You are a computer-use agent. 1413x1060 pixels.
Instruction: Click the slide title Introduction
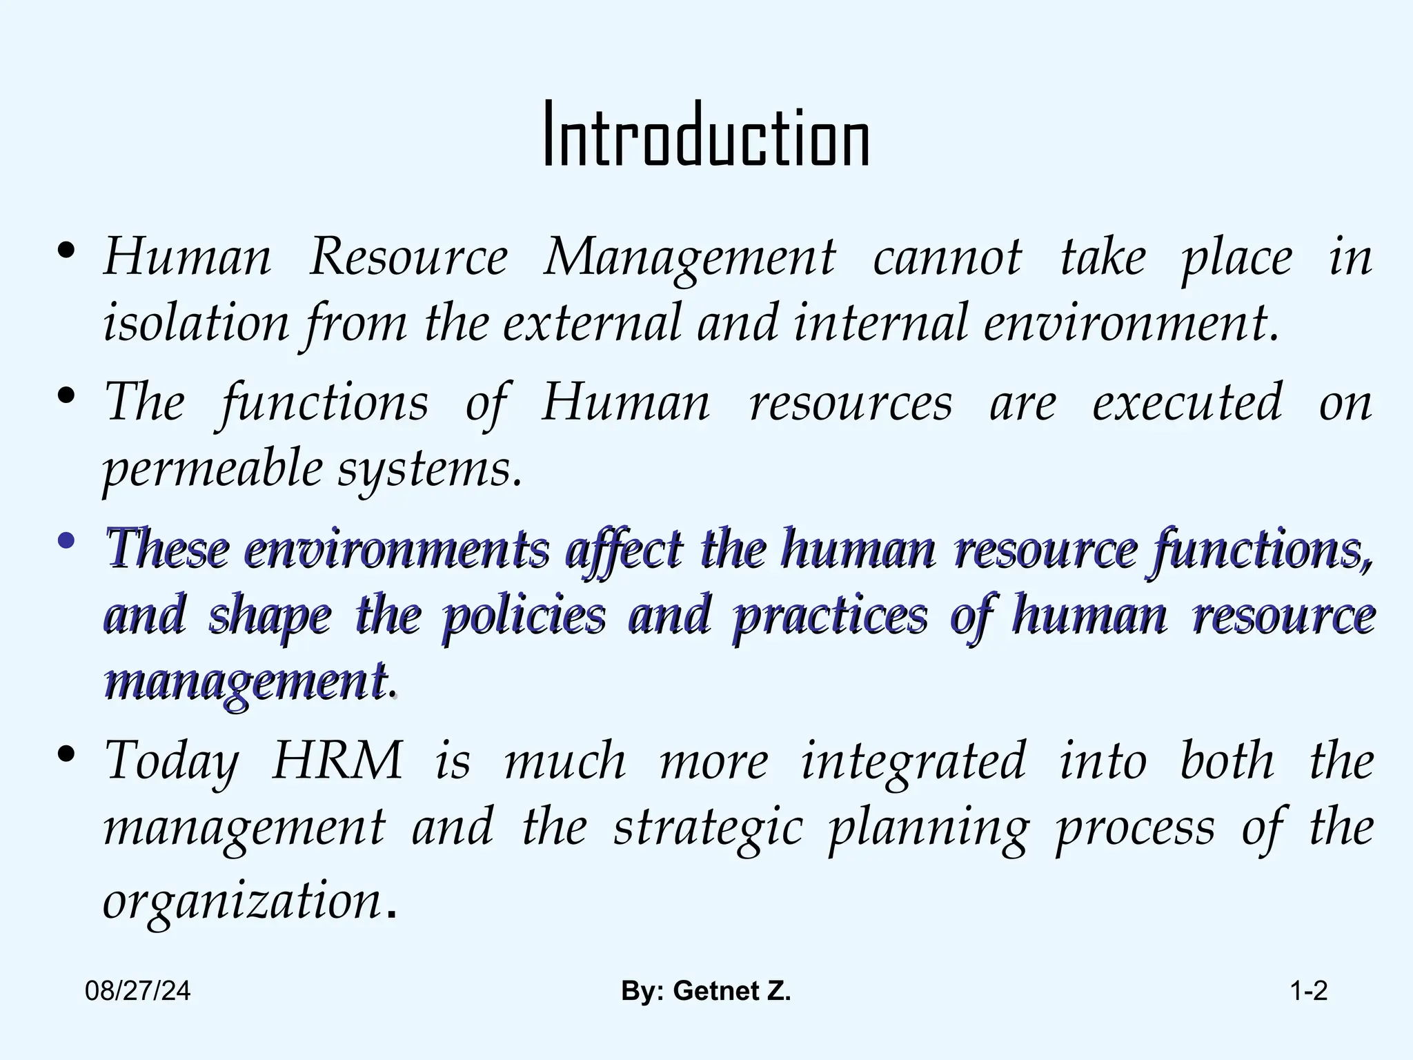point(706,135)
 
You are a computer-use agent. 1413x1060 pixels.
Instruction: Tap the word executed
point(1187,402)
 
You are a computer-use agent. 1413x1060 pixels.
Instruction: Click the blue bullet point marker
point(66,542)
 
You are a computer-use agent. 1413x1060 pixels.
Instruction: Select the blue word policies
point(524,615)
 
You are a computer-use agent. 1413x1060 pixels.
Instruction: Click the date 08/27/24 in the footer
point(138,992)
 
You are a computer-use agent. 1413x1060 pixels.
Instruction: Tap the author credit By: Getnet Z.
point(706,992)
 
